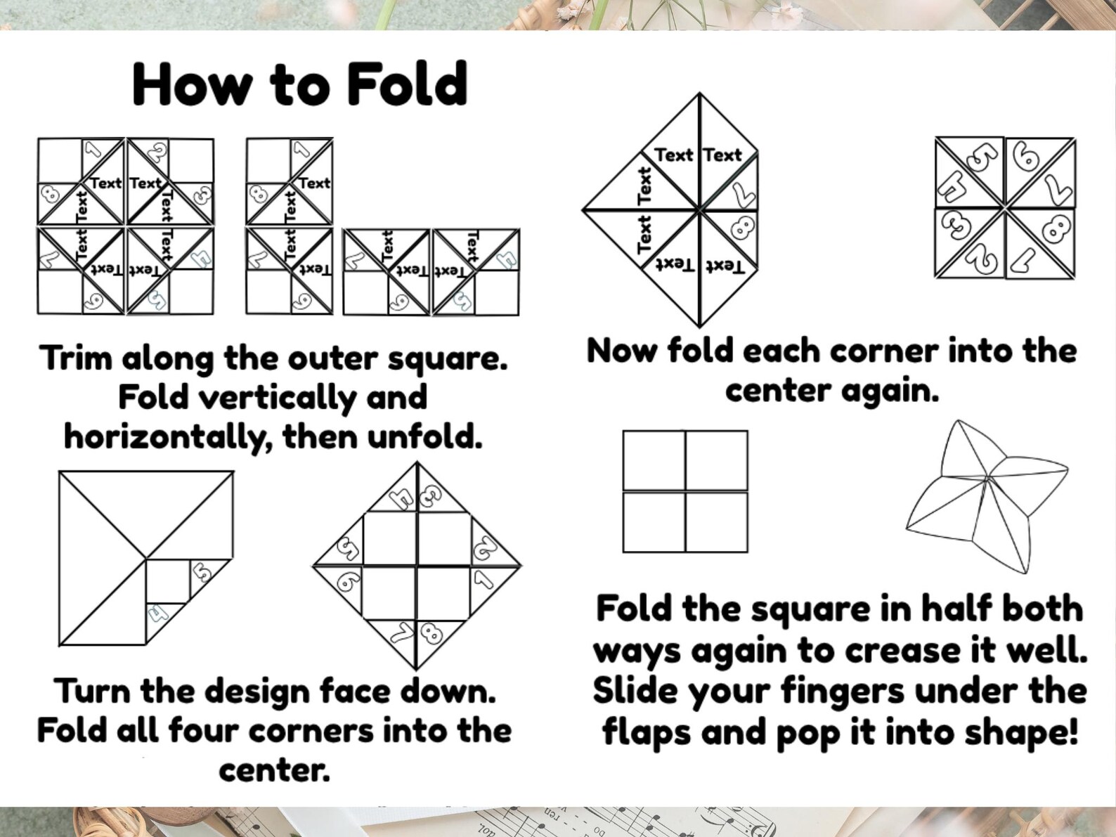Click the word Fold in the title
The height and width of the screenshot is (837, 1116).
[407, 84]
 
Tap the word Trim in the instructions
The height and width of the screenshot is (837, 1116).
[76, 358]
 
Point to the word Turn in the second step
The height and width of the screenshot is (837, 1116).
[92, 691]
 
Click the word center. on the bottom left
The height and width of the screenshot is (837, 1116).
[274, 770]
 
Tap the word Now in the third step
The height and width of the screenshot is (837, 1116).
[621, 351]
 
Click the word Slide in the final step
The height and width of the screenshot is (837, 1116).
[635, 692]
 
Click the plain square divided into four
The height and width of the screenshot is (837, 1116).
[685, 491]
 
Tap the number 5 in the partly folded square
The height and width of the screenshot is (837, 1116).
[202, 572]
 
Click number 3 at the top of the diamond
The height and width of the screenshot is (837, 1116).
[428, 498]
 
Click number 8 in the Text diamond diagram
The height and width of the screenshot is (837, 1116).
[744, 229]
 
